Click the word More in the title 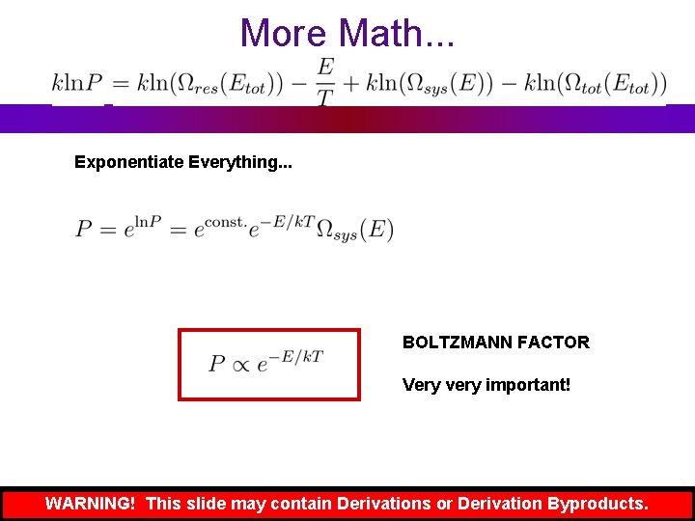[285, 33]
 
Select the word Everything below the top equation [241, 162]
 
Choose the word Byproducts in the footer [598, 504]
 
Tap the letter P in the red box [217, 364]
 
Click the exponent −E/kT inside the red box [295, 357]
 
